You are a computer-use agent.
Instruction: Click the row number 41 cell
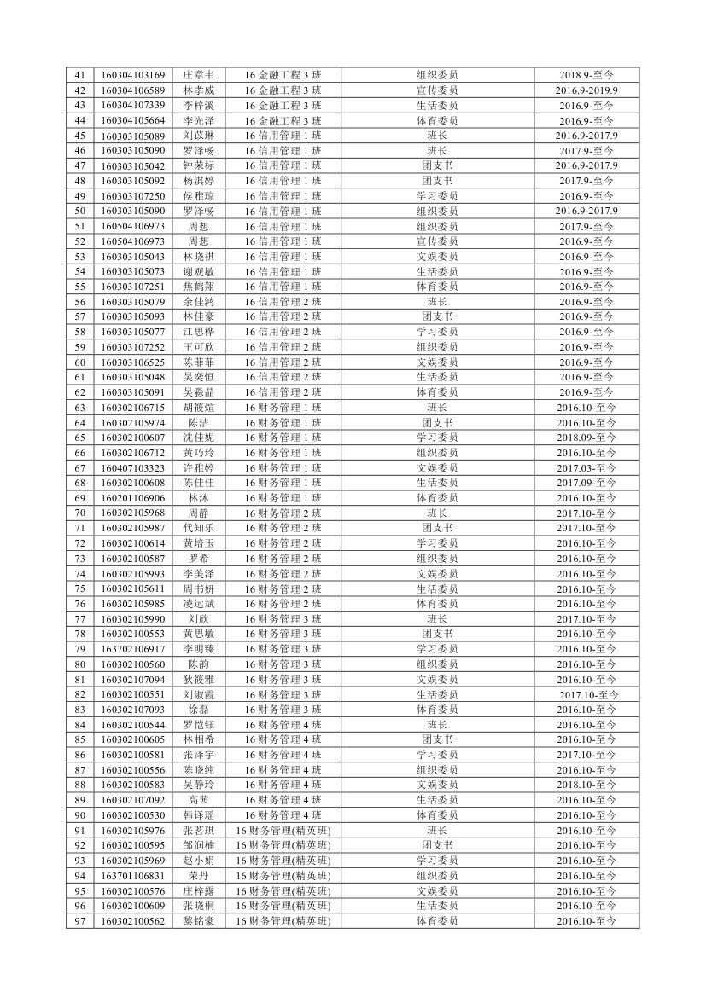pyautogui.click(x=80, y=75)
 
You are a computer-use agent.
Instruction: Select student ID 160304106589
pyautogui.click(x=132, y=90)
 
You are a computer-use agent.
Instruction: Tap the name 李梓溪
pyautogui.click(x=198, y=106)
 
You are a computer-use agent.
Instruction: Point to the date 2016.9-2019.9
pyautogui.click(x=586, y=90)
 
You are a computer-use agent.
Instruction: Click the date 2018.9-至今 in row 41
pyautogui.click(x=586, y=75)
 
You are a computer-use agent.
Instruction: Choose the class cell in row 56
pyautogui.click(x=283, y=302)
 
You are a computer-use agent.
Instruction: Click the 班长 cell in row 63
pyautogui.click(x=437, y=408)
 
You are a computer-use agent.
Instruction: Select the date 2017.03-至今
pyautogui.click(x=586, y=468)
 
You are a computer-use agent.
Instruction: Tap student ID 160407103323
pyautogui.click(x=132, y=468)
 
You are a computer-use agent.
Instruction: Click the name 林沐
pyautogui.click(x=198, y=498)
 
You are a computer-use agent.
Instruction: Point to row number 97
pyautogui.click(x=80, y=921)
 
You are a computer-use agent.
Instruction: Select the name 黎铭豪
pyautogui.click(x=198, y=921)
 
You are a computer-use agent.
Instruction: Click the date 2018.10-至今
pyautogui.click(x=586, y=785)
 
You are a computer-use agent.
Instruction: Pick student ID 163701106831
pyautogui.click(x=132, y=876)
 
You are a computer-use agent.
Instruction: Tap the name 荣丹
pyautogui.click(x=198, y=876)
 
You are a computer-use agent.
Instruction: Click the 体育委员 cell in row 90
pyautogui.click(x=437, y=815)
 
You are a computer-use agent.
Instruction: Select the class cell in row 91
pyautogui.click(x=283, y=831)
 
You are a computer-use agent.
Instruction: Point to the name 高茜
pyautogui.click(x=198, y=800)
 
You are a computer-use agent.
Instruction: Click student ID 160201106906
pyautogui.click(x=132, y=498)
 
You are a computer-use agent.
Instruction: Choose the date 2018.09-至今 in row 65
pyautogui.click(x=586, y=438)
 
